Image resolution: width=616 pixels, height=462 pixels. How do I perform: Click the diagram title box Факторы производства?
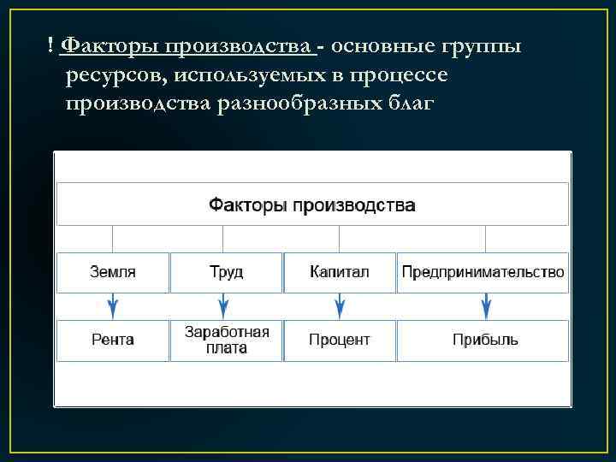(x=312, y=204)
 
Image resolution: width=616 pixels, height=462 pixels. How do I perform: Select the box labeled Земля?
(x=113, y=272)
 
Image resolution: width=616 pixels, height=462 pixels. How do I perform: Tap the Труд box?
(x=226, y=272)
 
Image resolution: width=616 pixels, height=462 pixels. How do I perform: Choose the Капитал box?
(x=339, y=272)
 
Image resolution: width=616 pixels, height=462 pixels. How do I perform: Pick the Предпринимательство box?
(x=483, y=272)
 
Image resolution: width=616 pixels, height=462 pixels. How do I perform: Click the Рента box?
(x=113, y=340)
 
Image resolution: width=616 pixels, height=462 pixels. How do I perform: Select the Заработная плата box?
(x=227, y=340)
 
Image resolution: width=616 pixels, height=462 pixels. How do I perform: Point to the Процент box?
(x=339, y=340)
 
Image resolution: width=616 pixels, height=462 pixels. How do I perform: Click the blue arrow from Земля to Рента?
(x=113, y=305)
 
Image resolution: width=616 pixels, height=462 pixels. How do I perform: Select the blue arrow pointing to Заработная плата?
(x=223, y=305)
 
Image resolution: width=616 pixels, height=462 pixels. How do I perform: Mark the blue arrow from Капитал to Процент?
(x=340, y=305)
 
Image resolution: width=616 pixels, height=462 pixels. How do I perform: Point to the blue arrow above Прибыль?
(x=486, y=305)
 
